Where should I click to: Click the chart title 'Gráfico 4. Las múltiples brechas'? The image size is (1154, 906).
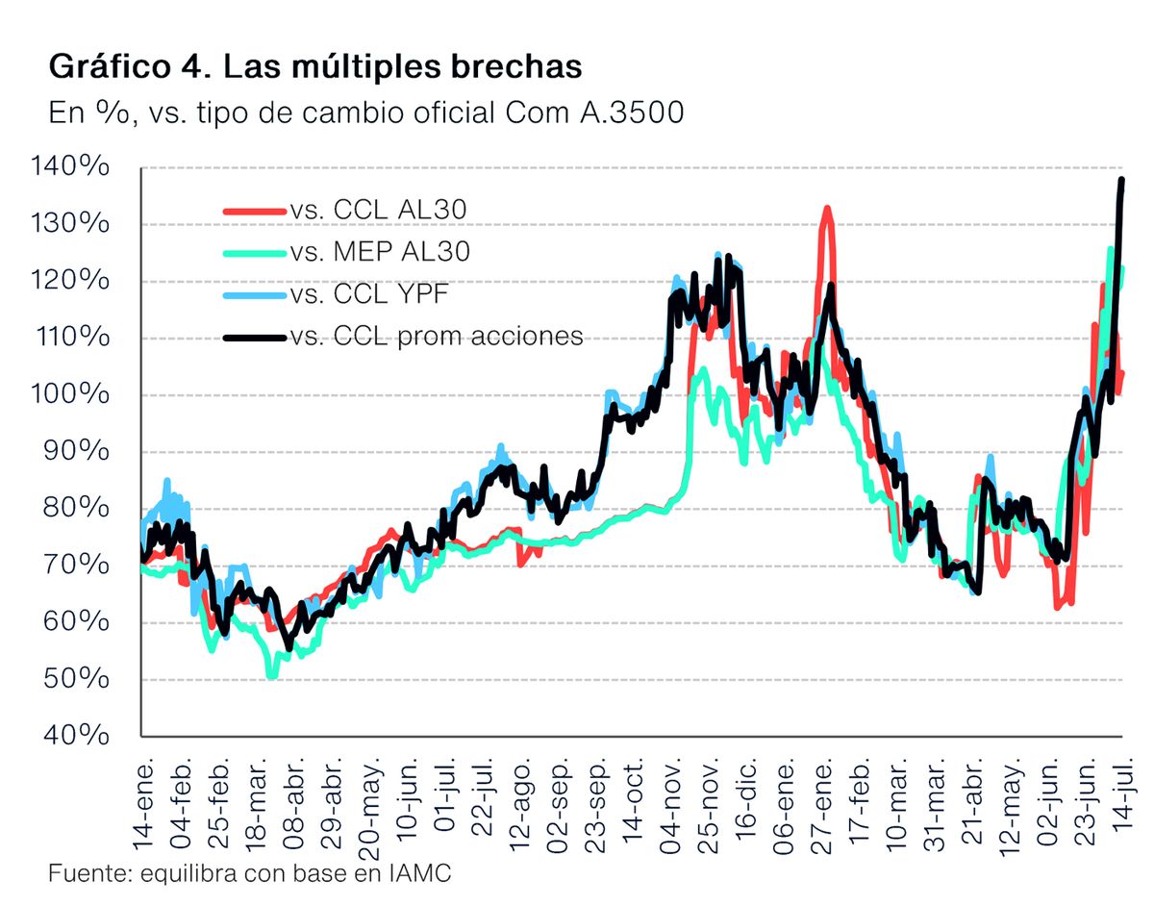(314, 67)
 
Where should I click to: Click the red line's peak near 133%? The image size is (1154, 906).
(825, 208)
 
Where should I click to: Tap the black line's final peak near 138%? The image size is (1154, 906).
(1121, 180)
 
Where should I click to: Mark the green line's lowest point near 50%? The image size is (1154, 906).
(272, 676)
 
